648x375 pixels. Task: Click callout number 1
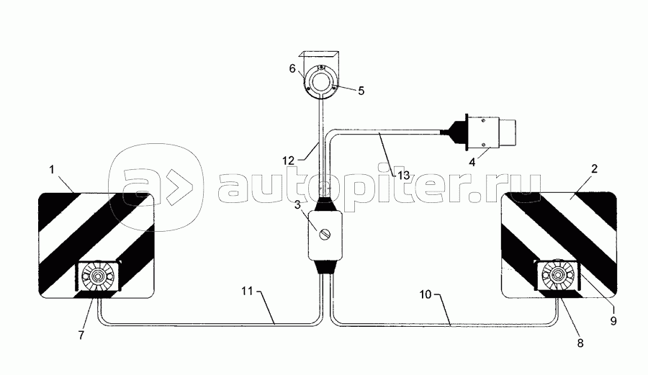pyautogui.click(x=52, y=170)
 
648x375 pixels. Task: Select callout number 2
pyautogui.click(x=594, y=168)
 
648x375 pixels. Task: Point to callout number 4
pyautogui.click(x=472, y=162)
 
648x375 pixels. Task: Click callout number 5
pyautogui.click(x=361, y=91)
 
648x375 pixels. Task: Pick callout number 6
pyautogui.click(x=292, y=68)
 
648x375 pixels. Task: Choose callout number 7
pyautogui.click(x=81, y=335)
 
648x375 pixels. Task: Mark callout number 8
pyautogui.click(x=580, y=343)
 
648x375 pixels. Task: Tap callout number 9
pyautogui.click(x=613, y=321)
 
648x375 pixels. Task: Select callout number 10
pyautogui.click(x=426, y=294)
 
